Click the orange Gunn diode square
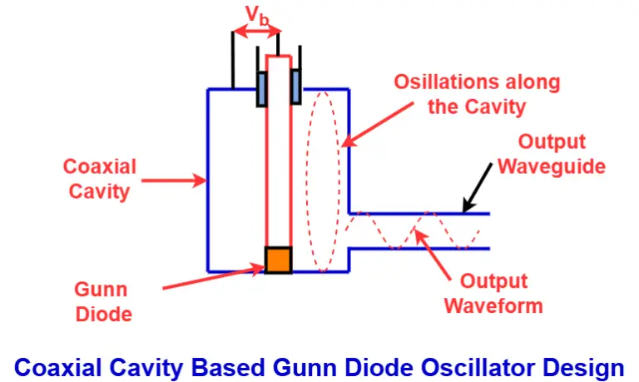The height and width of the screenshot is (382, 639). [278, 260]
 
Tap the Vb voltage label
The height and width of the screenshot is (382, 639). [256, 14]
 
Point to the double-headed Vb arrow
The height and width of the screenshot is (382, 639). [256, 32]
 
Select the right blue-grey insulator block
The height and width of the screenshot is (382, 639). [295, 87]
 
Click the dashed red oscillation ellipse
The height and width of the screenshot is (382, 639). [323, 175]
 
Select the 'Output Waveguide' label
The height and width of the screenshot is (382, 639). [552, 153]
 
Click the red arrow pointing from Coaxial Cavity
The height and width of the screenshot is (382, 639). [176, 178]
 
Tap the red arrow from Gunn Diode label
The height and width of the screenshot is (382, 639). [212, 277]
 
